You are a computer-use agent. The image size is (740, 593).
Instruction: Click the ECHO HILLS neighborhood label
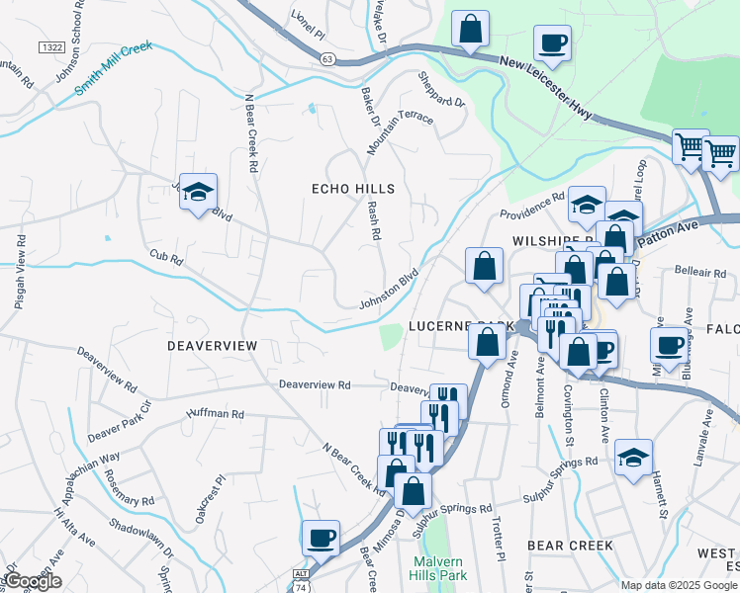(x=353, y=189)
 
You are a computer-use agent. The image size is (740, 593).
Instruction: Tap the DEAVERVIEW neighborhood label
(x=212, y=345)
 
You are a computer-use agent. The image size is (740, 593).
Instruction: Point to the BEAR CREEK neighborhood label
(x=570, y=546)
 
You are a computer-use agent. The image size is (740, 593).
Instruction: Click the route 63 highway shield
(x=327, y=59)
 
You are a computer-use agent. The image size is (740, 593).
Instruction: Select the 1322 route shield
(x=51, y=47)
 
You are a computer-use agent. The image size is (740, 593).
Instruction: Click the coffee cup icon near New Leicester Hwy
(x=552, y=44)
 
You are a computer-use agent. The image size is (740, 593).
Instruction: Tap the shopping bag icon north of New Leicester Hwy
(x=471, y=29)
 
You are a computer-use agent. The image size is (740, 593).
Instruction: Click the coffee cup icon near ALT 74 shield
(x=321, y=538)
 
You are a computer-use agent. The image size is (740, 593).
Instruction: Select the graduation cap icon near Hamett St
(x=633, y=457)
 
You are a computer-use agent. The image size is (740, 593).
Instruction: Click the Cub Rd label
(x=166, y=259)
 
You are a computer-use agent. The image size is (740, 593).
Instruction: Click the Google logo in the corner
(x=34, y=581)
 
